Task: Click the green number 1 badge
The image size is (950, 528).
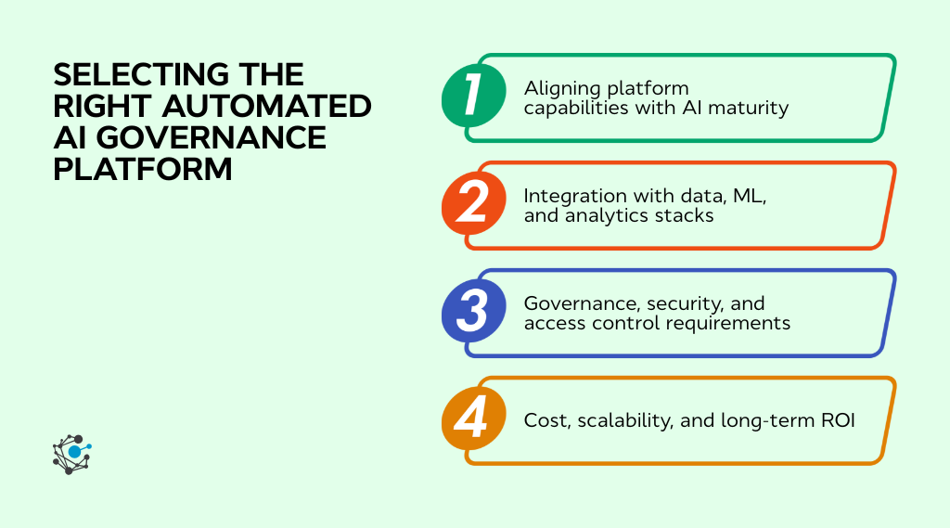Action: pyautogui.click(x=473, y=97)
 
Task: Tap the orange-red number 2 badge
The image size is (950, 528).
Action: pyautogui.click(x=473, y=205)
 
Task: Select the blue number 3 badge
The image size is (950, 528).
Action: pyautogui.click(x=473, y=313)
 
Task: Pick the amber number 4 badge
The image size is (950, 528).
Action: pyautogui.click(x=473, y=420)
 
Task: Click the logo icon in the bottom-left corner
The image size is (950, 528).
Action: pyautogui.click(x=72, y=454)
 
